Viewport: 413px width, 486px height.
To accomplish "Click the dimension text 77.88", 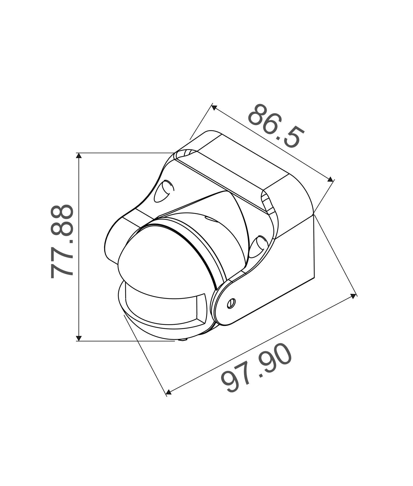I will pyautogui.click(x=62, y=241).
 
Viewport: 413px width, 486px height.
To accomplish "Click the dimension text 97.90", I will pyautogui.click(x=256, y=369).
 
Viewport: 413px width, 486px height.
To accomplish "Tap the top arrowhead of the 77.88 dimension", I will pyautogui.click(x=79, y=155).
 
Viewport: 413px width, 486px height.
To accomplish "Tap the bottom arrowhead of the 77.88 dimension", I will pyautogui.click(x=79, y=338).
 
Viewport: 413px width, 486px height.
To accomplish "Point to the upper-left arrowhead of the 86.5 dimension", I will pyautogui.click(x=214, y=107).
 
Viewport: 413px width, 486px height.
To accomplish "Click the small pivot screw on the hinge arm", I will pyautogui.click(x=231, y=303).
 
